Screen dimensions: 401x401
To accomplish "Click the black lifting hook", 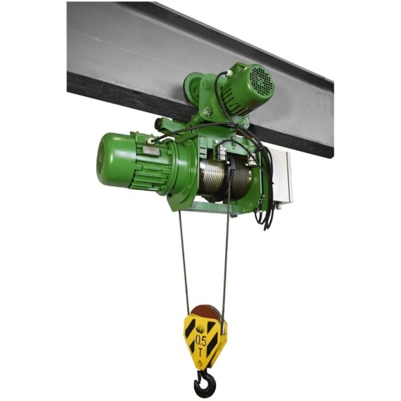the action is click(x=202, y=384).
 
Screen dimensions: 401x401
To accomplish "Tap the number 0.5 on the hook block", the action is click(x=201, y=339).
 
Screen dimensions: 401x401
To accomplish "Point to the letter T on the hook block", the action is click(x=201, y=353).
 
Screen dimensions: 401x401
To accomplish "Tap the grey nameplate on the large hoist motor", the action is click(x=151, y=150).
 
